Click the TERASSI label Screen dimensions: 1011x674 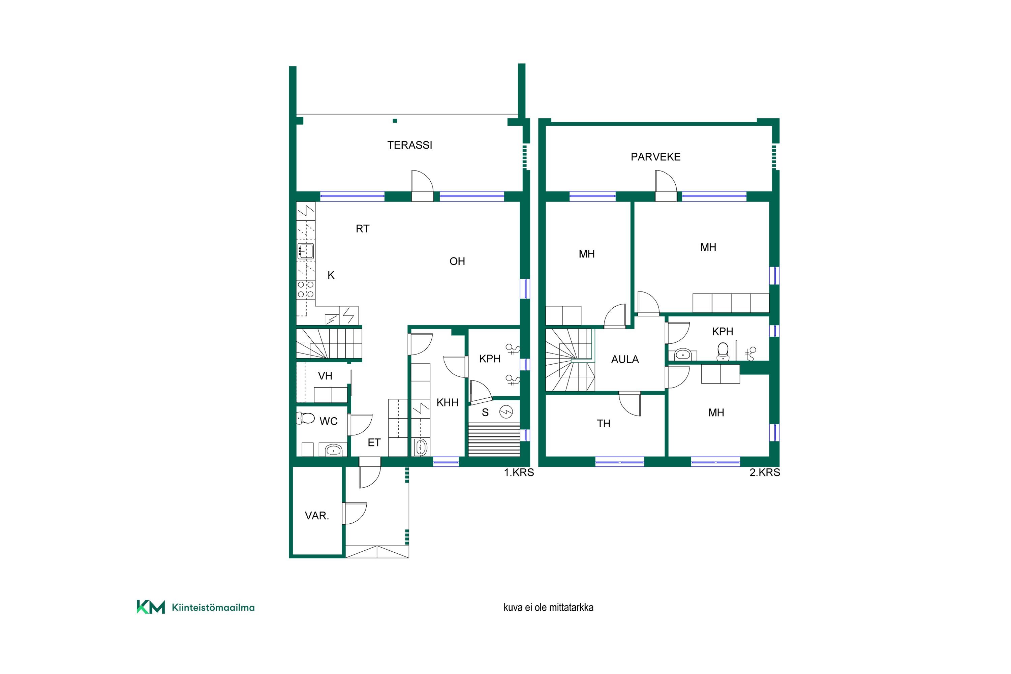point(410,145)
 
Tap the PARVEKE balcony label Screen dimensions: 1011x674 point(655,157)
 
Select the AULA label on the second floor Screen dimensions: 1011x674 point(625,359)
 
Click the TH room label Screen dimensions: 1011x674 point(604,424)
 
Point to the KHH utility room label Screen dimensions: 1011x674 point(448,403)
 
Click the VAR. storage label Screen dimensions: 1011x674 point(317,516)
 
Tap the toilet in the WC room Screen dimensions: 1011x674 point(306,418)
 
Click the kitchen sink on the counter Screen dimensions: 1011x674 point(306,251)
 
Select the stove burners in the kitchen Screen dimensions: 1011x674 point(306,289)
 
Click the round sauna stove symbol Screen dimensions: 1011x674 point(506,412)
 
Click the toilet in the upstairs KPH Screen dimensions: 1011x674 point(723,351)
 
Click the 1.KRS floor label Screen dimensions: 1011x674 point(519,472)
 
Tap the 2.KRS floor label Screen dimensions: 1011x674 point(765,472)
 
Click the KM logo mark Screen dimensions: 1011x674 point(150,607)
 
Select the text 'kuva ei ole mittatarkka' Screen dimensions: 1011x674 point(549,607)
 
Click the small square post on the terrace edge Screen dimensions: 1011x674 point(395,121)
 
